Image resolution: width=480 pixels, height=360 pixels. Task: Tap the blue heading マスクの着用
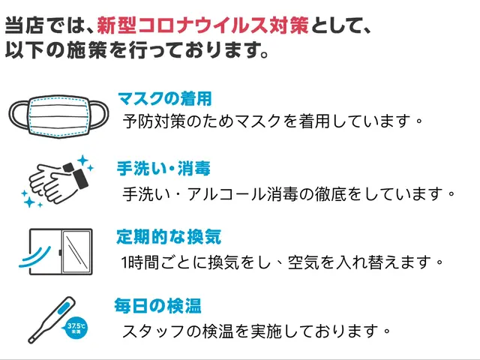coord(164,97)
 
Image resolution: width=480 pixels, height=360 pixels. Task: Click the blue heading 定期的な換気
coord(169,238)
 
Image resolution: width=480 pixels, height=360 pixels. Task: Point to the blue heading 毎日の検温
coord(157,306)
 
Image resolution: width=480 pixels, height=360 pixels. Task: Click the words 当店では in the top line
coord(38,26)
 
